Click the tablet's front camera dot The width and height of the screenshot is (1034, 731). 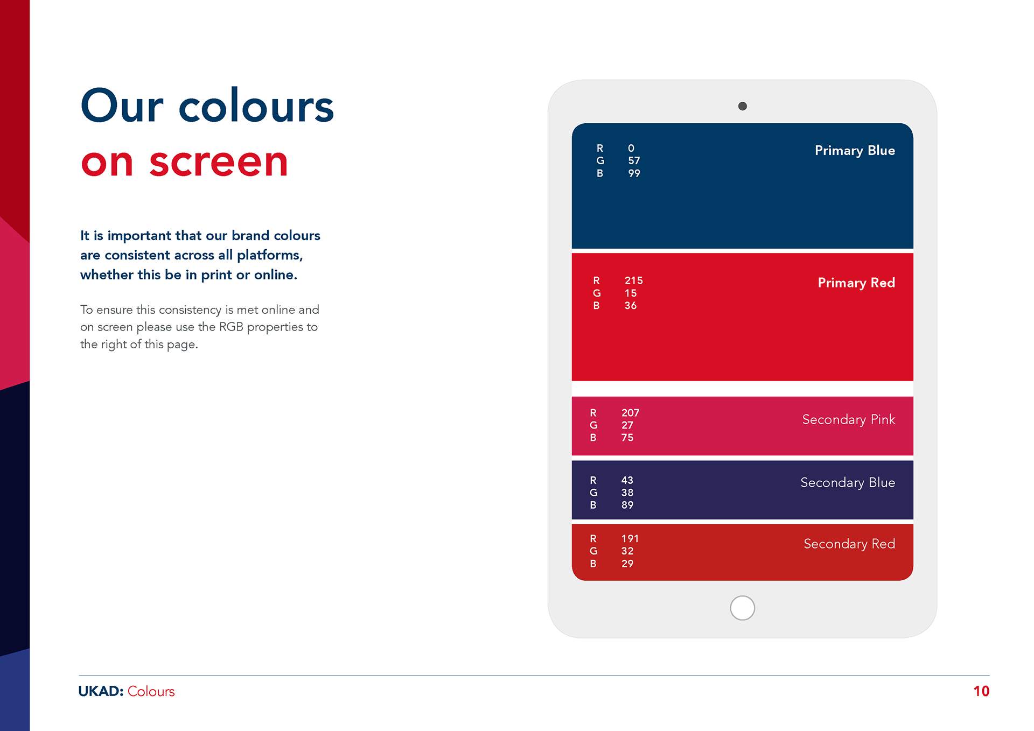(742, 106)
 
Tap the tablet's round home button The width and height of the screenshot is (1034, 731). (742, 608)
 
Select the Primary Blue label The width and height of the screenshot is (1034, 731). (855, 151)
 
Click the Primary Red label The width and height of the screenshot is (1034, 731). (856, 283)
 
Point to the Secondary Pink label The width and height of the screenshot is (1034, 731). (849, 420)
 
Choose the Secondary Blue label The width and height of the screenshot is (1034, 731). (848, 483)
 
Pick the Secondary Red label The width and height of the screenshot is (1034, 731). (849, 544)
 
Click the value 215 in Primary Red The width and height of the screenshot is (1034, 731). (633, 280)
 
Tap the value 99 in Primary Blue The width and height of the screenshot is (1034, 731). (634, 173)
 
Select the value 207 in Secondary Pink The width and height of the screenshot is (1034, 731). (630, 413)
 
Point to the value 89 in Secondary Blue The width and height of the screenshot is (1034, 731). (627, 505)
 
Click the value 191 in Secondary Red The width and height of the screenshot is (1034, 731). (630, 539)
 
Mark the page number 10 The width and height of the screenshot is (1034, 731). (981, 692)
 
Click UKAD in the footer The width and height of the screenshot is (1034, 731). (101, 692)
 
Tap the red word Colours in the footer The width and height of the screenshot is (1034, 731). (151, 692)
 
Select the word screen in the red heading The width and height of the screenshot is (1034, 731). (219, 163)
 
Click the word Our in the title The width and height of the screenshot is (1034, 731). (122, 106)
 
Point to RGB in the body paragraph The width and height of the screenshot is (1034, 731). (231, 327)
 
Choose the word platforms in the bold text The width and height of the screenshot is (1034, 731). (270, 255)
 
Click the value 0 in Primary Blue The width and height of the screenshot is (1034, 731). (631, 148)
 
